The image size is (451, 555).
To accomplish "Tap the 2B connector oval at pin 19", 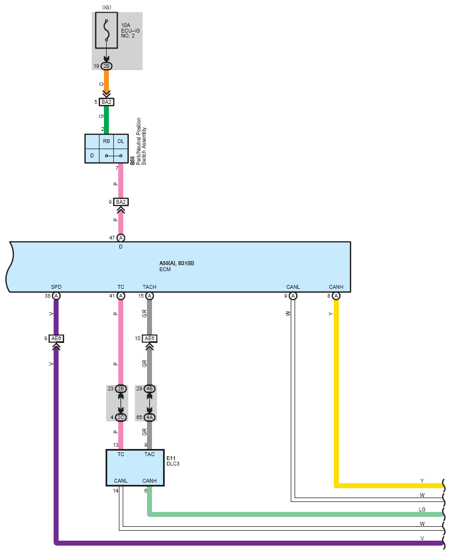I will (107, 66).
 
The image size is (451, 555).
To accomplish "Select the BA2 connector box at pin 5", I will (107, 102).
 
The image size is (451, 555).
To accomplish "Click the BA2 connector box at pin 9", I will (121, 202).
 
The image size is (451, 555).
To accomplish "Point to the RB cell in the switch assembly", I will (106, 141).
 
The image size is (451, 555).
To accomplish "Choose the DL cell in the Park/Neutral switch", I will (121, 141).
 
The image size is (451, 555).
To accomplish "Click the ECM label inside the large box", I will (165, 269).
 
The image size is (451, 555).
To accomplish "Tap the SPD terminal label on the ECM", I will (56, 287).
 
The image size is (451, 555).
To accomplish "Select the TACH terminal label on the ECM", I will (149, 287).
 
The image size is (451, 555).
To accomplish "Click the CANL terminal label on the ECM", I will (293, 287).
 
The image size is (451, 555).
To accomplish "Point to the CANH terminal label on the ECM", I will (336, 287).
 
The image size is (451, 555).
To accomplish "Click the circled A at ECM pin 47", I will (121, 238).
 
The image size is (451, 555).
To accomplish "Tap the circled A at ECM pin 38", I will (56, 296).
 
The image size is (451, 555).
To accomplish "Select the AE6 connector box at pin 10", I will (149, 339).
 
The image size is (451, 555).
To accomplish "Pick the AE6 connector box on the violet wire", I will (56, 339).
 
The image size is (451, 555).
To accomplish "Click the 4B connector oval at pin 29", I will (149, 389).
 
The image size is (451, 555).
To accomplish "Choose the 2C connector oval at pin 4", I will (121, 417).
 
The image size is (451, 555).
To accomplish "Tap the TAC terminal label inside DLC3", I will (149, 454).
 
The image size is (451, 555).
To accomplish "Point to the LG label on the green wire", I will (422, 509).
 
